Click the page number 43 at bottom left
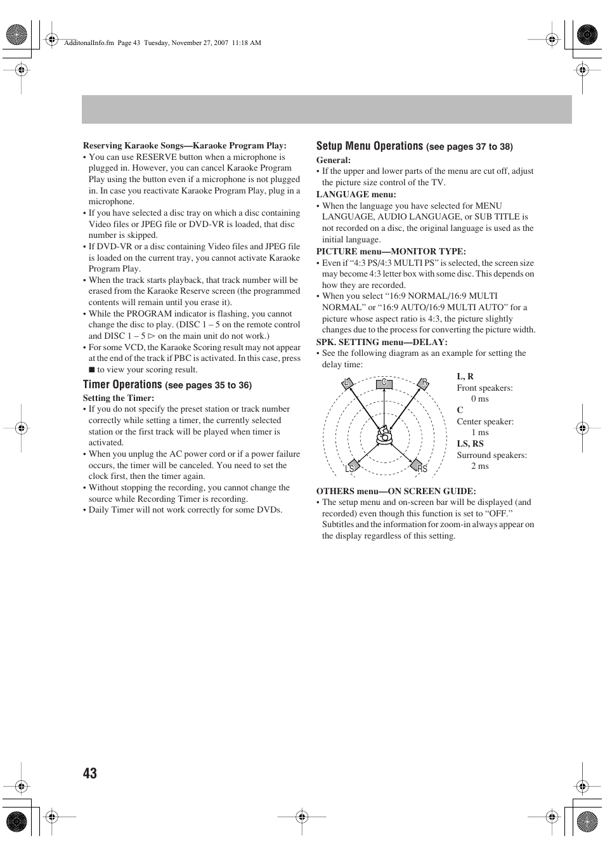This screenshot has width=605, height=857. tap(90, 773)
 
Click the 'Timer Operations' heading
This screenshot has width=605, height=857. tap(122, 384)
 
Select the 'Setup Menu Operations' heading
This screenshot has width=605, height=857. tap(369, 146)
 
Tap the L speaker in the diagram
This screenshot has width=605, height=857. tap(347, 383)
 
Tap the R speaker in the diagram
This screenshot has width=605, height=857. tap(424, 383)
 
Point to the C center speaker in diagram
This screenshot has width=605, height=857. tap(384, 383)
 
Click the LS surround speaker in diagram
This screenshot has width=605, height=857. tap(351, 468)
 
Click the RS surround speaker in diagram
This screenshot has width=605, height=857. tap(420, 468)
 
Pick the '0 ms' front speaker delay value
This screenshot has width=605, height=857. tap(479, 399)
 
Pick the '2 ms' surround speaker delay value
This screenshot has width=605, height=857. tap(479, 466)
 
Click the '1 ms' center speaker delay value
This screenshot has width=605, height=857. tap(479, 433)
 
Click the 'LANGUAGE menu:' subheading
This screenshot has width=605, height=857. tap(356, 194)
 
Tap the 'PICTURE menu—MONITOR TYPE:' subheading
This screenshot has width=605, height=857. tap(391, 251)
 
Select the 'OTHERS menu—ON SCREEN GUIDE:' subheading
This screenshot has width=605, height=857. tap(396, 491)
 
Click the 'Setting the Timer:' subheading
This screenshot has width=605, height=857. tap(118, 398)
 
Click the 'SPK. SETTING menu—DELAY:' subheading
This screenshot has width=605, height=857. tap(382, 342)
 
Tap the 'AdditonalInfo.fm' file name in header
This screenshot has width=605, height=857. tap(89, 43)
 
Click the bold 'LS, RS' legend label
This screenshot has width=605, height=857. tap(470, 443)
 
